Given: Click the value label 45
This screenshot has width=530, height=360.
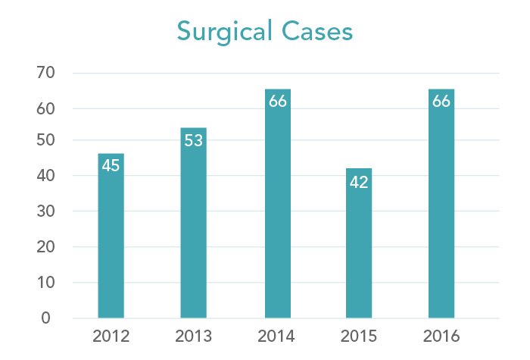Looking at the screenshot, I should point(111,165).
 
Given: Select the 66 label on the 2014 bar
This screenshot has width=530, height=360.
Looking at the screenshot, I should point(278,101).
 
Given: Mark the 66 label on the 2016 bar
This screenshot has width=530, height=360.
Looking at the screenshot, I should point(441,101).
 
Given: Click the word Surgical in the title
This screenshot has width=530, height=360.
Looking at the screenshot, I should point(226,32).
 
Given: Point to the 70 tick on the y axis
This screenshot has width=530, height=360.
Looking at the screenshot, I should point(45,74).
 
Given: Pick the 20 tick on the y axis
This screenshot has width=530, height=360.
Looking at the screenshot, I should point(45,247).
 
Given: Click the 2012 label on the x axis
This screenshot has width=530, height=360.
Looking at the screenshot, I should point(111,337).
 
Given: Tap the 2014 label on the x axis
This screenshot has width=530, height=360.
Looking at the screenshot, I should point(278,337).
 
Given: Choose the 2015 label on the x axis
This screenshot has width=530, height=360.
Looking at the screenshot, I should point(359,337).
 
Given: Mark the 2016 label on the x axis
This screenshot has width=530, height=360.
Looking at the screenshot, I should point(441,337).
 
